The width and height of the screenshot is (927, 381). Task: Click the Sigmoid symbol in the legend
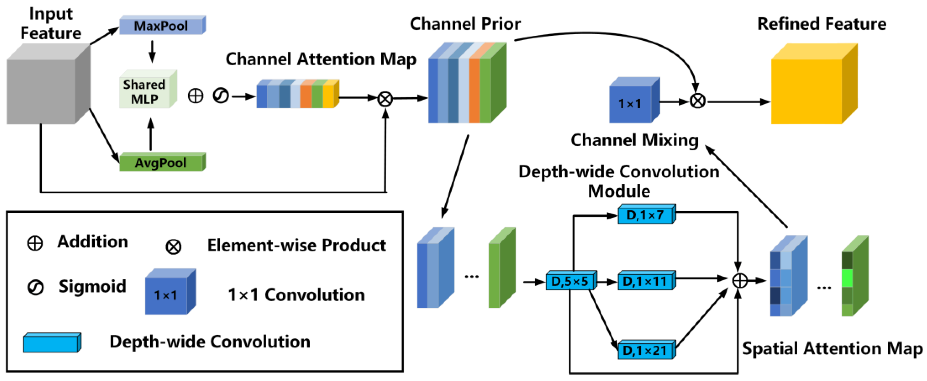pyautogui.click(x=36, y=287)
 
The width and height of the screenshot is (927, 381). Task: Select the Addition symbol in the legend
pyautogui.click(x=35, y=243)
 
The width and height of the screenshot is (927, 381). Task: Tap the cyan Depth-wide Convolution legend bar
pyautogui.click(x=52, y=343)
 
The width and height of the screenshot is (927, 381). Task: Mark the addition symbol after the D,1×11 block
pyautogui.click(x=740, y=281)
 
